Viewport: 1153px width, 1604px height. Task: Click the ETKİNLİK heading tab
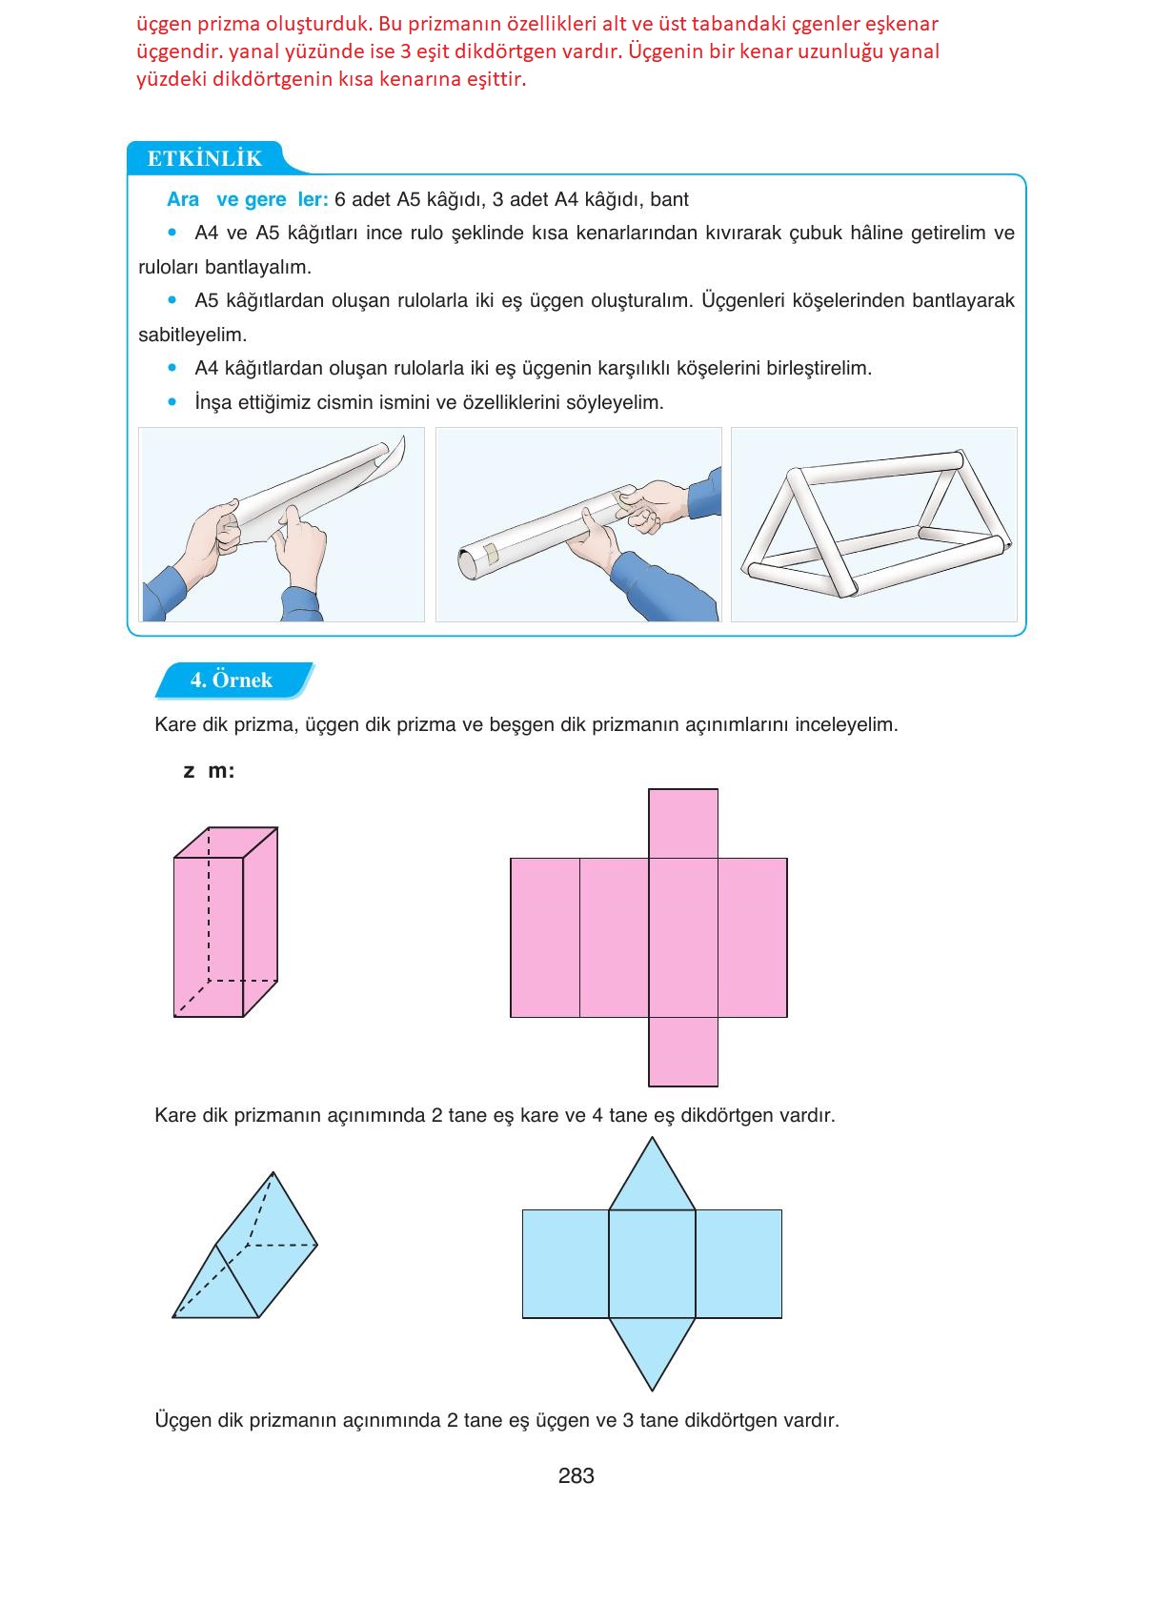(204, 158)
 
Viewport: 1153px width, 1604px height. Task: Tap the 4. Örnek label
(232, 680)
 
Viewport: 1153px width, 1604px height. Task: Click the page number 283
(576, 1475)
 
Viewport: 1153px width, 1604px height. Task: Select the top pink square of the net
(682, 823)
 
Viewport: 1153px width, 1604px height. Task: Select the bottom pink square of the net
(682, 1051)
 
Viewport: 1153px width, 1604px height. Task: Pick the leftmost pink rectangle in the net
(545, 938)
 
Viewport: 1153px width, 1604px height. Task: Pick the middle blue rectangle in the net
(652, 1264)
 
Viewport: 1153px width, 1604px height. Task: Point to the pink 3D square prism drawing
(225, 923)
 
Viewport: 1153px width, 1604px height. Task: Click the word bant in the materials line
(669, 200)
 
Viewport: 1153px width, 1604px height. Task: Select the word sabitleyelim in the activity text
(192, 335)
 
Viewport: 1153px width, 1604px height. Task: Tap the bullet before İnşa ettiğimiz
(172, 402)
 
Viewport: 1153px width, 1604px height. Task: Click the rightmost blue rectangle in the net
(738, 1264)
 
